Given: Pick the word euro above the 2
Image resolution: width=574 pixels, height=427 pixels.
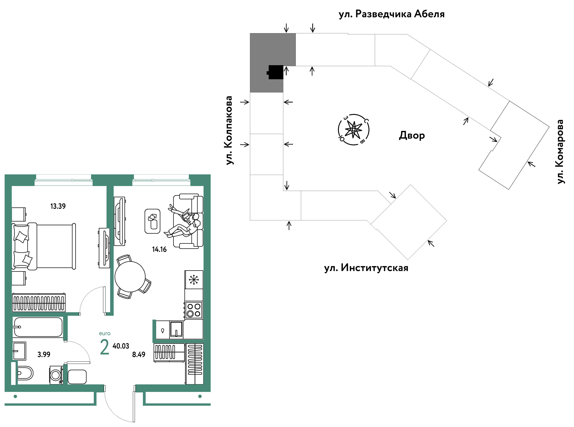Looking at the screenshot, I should (105, 333).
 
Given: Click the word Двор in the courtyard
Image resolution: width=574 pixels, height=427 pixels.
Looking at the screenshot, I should (412, 135).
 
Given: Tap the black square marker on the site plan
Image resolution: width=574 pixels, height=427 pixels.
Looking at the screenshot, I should (276, 72).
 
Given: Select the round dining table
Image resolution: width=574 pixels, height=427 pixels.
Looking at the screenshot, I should (130, 277).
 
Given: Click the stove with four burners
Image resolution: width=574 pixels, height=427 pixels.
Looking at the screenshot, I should (194, 310).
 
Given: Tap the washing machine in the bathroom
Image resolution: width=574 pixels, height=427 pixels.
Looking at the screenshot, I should (56, 375).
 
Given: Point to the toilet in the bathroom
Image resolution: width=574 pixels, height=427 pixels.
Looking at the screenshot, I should (25, 373).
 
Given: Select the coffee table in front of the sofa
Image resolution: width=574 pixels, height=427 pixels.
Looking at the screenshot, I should (152, 221).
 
